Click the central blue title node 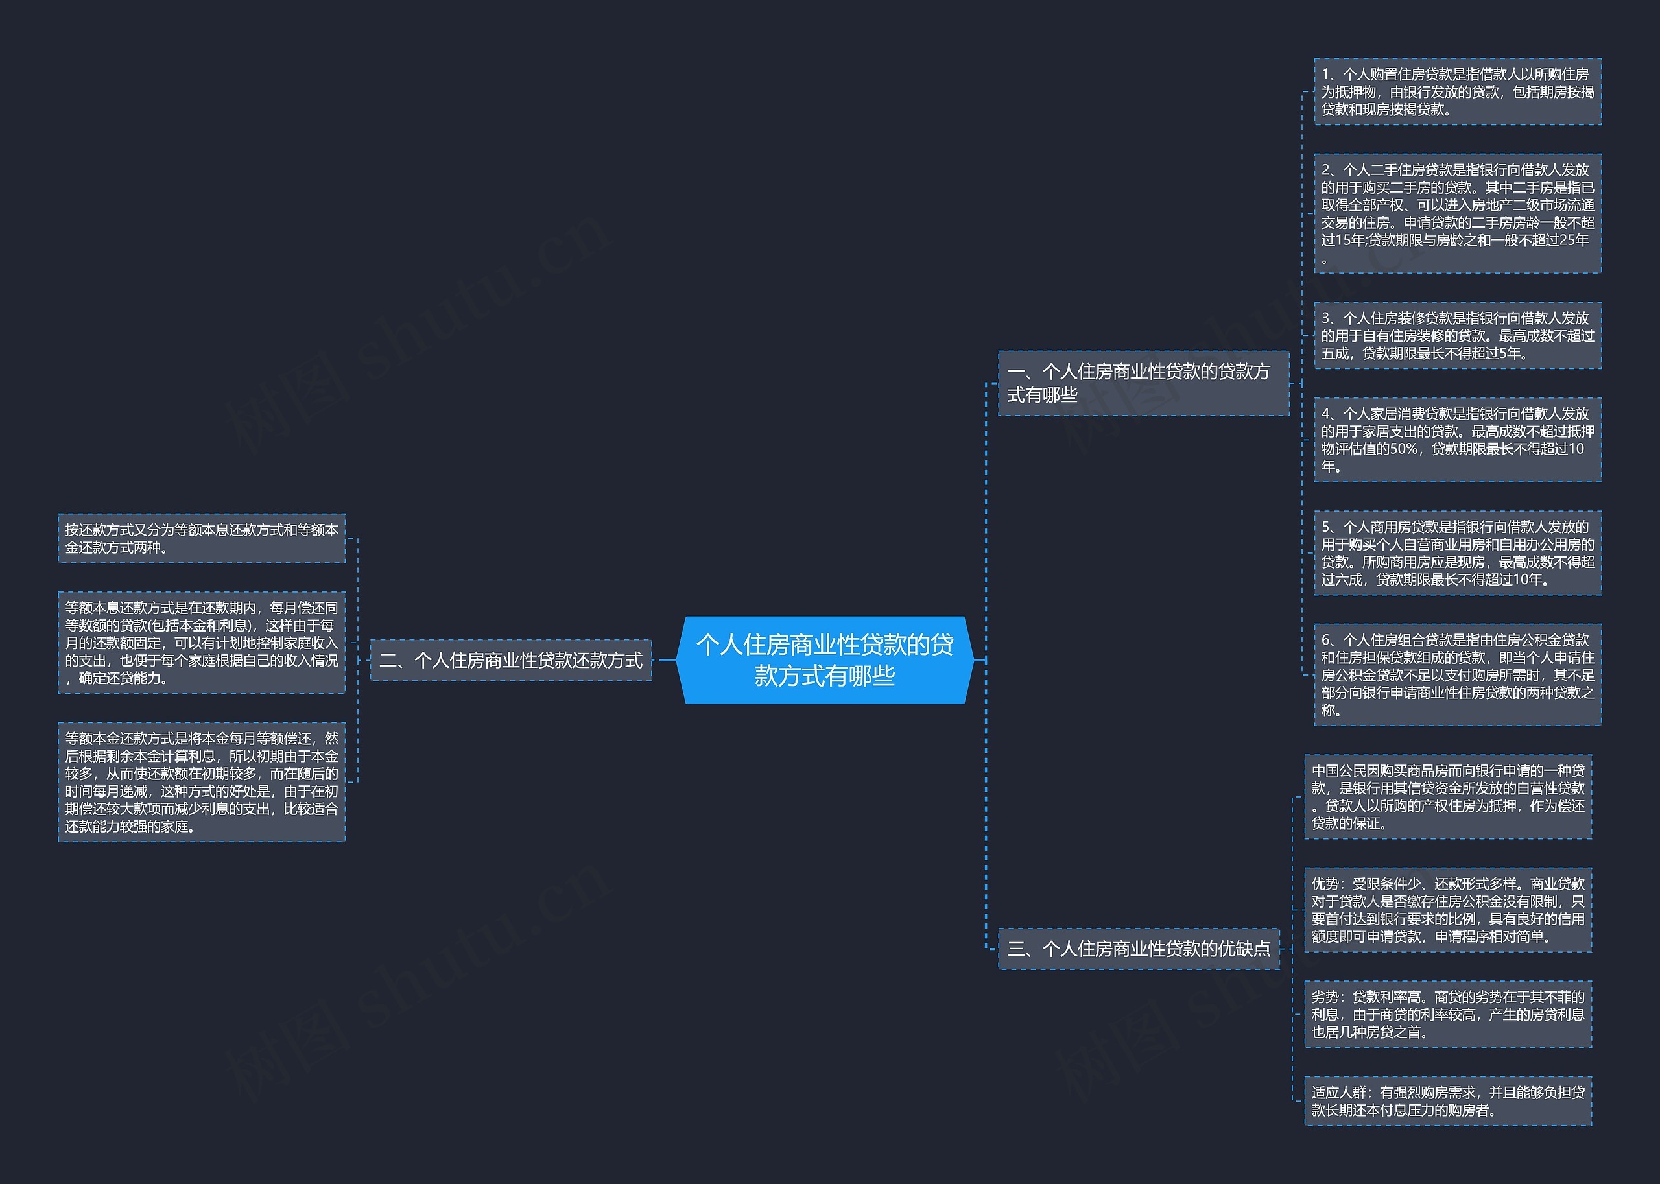pos(825,660)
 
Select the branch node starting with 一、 pos(1143,383)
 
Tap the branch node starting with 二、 pos(511,660)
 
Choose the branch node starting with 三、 pos(1139,949)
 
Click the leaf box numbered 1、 pos(1457,92)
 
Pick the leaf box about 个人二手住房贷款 pos(1457,213)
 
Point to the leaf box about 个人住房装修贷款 pos(1457,335)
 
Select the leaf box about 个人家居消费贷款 pos(1457,440)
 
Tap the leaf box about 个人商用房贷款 pos(1457,552)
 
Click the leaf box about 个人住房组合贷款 pos(1457,674)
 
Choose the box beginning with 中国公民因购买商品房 pos(1448,797)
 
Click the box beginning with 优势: pos(1448,910)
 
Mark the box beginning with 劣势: pos(1448,1014)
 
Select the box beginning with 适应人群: pos(1448,1101)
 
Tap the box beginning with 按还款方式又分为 pos(202,538)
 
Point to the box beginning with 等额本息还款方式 pos(202,643)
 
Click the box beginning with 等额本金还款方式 pos(202,782)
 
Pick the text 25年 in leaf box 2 pos(1574,240)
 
